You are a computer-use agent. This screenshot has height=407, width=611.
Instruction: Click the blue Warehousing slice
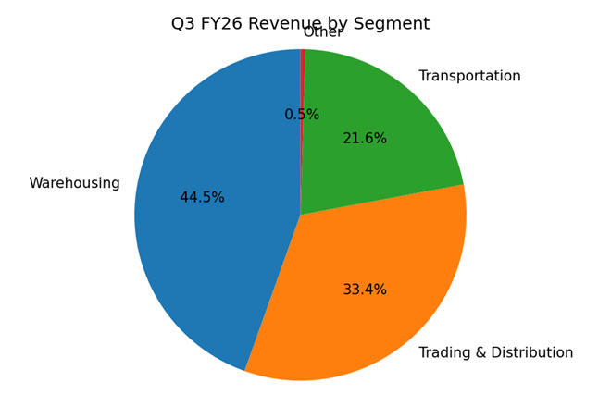[x=204, y=240]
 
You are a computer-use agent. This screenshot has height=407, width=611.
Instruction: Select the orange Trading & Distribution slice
[x=370, y=305]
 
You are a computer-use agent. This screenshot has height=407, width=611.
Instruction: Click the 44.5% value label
[x=202, y=198]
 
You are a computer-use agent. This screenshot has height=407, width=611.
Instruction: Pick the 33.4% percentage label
[x=365, y=290]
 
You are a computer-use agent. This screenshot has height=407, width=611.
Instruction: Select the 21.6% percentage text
[x=365, y=139]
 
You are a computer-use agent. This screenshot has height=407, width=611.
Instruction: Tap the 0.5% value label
[x=302, y=115]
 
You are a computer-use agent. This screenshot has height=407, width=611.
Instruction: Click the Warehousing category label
[x=74, y=183]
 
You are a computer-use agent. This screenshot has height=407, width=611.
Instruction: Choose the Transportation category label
[x=469, y=76]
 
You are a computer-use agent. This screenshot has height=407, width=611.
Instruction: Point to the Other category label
[x=323, y=32]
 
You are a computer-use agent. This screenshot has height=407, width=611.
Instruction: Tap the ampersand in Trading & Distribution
[x=481, y=353]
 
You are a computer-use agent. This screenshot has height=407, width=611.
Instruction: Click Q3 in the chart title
[x=182, y=24]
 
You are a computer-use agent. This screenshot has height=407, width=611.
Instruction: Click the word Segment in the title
[x=394, y=24]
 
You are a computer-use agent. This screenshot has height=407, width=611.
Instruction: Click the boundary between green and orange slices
[x=382, y=200]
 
